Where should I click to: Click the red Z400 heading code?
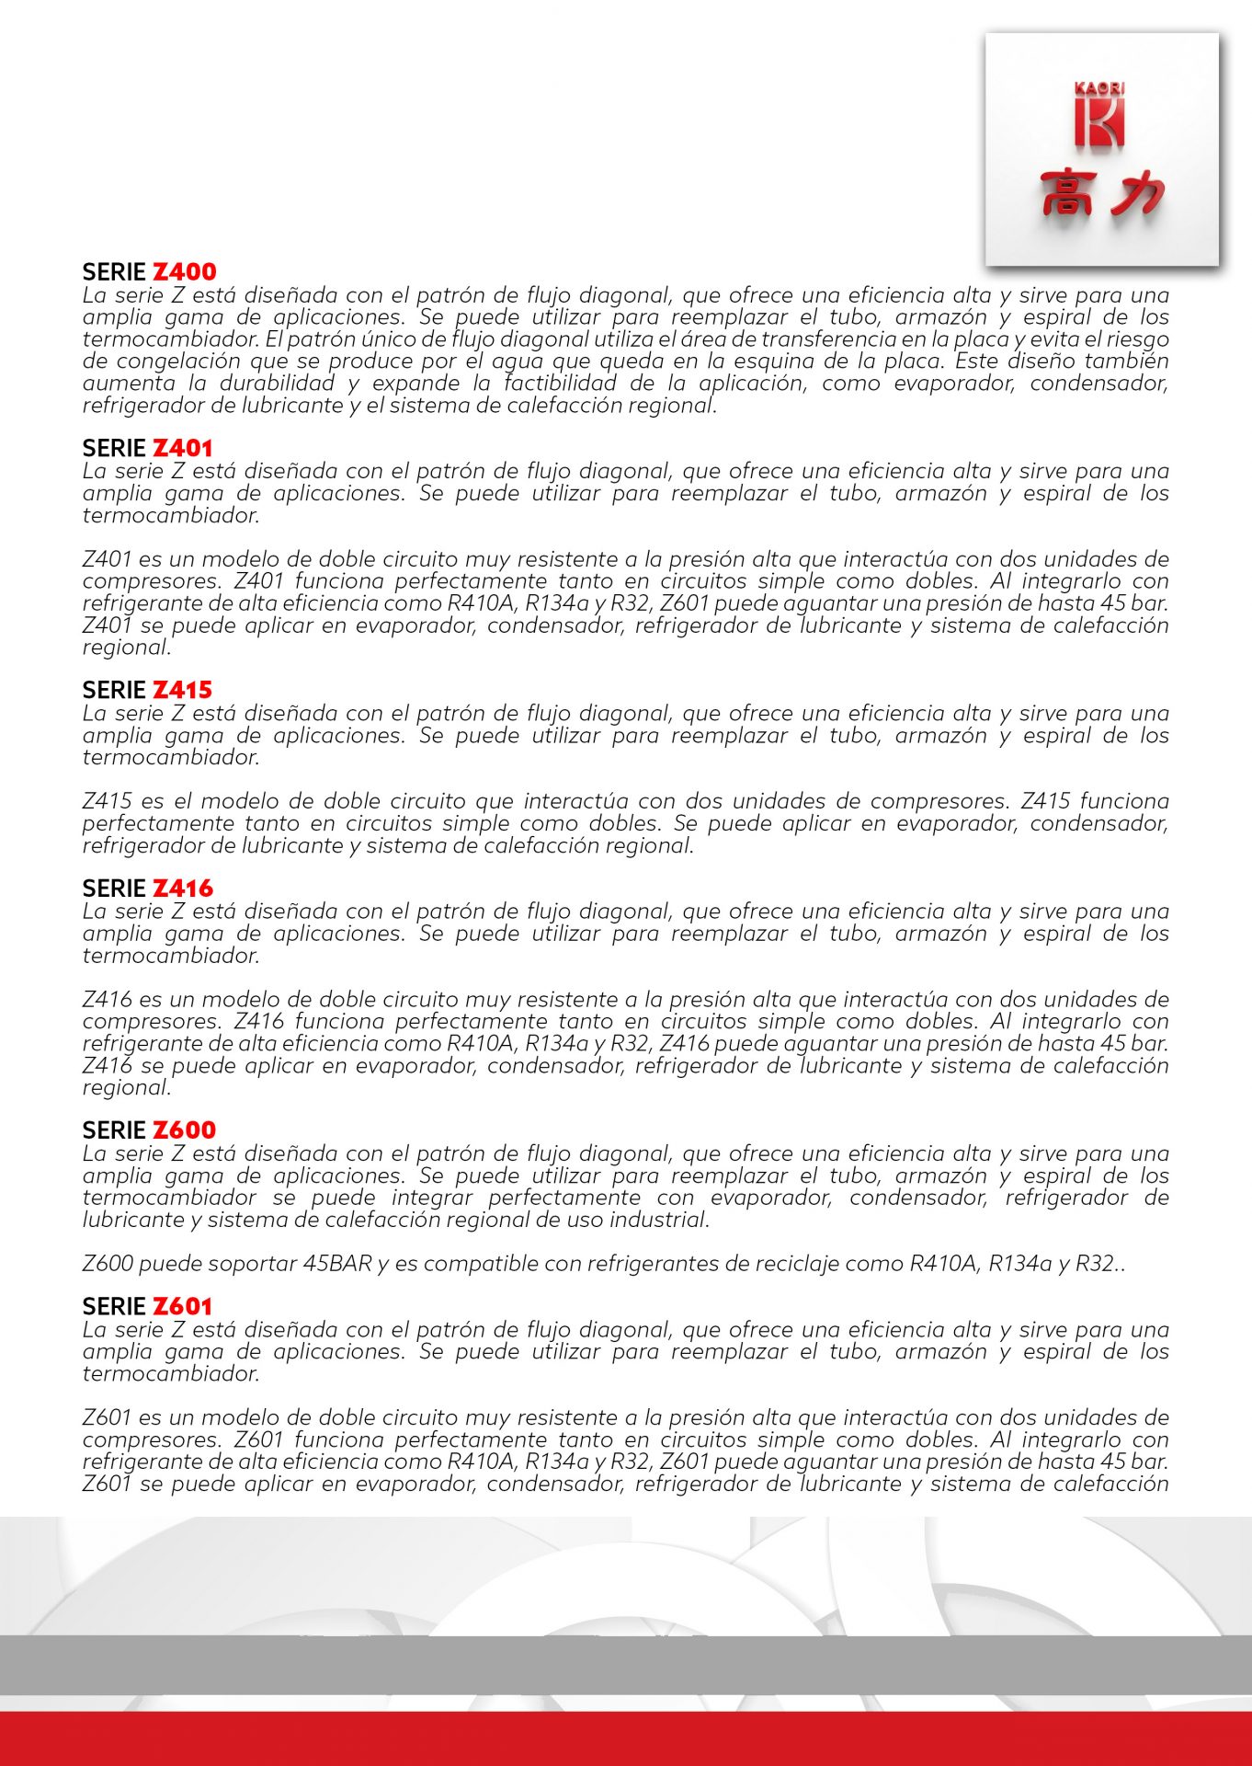pyautogui.click(x=184, y=272)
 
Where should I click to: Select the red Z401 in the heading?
pyautogui.click(x=182, y=449)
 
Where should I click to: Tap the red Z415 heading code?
pyautogui.click(x=182, y=691)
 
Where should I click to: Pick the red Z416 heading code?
pyautogui.click(x=182, y=889)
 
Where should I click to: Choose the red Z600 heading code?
pyautogui.click(x=184, y=1130)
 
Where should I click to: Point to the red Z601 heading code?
pyautogui.click(x=182, y=1307)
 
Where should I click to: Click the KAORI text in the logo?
pyautogui.click(x=1099, y=89)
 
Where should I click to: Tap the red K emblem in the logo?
pyautogui.click(x=1099, y=122)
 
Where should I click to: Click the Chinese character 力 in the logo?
pyautogui.click(x=1136, y=194)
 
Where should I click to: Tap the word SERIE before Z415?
pyautogui.click(x=114, y=691)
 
